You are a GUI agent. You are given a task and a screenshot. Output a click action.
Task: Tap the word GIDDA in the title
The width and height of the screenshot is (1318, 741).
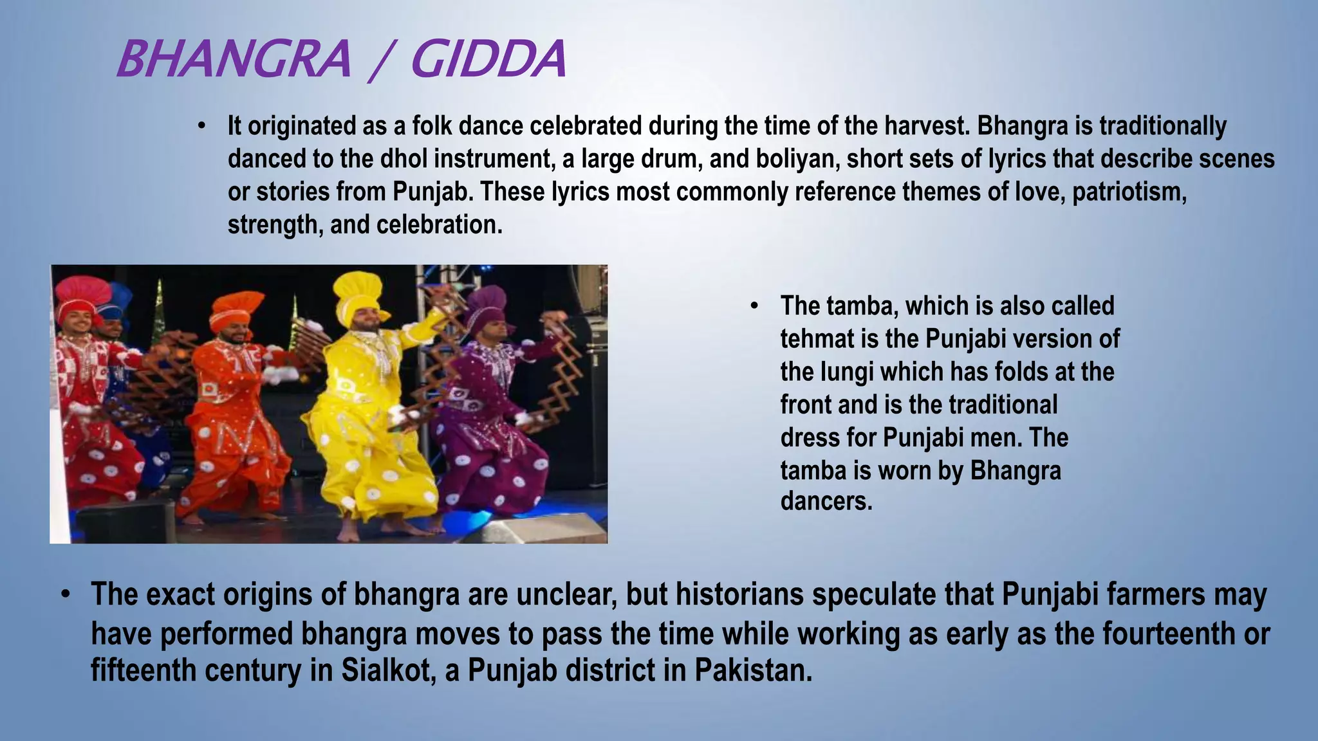pos(488,59)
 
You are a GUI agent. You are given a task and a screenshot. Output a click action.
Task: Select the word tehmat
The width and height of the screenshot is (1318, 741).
pos(815,339)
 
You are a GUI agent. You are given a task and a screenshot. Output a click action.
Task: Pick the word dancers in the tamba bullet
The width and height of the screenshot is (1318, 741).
pos(826,502)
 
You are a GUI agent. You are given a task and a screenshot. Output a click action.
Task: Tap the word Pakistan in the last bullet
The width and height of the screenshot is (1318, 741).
pos(754,670)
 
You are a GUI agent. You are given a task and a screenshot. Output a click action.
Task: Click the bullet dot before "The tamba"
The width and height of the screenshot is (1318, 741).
pos(754,306)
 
